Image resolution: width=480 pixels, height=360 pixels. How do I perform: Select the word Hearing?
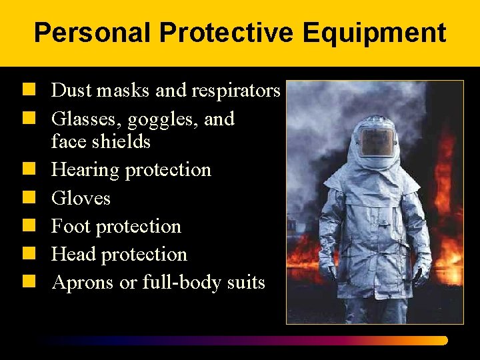(85, 170)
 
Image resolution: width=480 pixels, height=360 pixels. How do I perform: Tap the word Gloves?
(81, 198)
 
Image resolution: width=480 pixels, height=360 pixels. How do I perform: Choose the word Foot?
(71, 227)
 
